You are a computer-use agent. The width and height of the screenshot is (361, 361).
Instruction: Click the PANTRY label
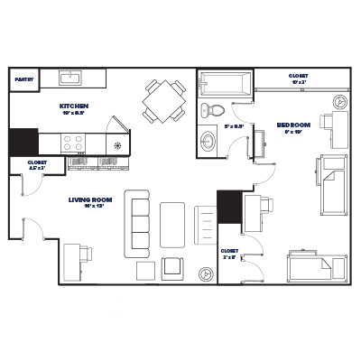[x=24, y=79]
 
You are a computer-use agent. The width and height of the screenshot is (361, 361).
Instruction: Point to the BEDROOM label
[x=294, y=125]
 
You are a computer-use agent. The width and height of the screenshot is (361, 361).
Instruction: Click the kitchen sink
[x=70, y=78]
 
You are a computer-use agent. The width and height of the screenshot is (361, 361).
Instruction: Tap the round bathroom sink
[x=209, y=143]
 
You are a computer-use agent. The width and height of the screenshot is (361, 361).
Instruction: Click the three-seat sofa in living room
[x=138, y=222]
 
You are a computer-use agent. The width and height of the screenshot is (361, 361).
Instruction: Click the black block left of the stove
[x=23, y=143]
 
